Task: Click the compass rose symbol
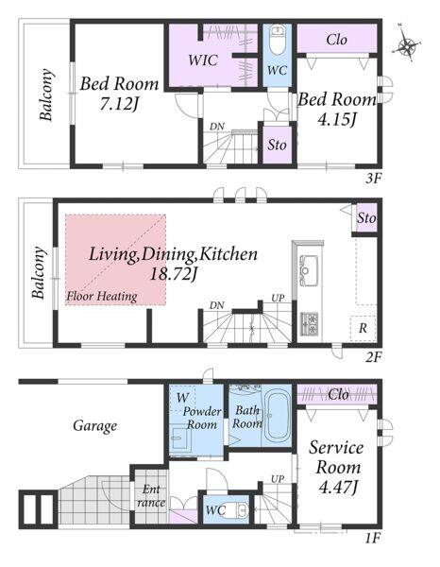[407, 45]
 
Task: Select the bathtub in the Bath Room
[277, 416]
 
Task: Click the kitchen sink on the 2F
[308, 266]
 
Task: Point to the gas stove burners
[310, 324]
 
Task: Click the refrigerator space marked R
[363, 328]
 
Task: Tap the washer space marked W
[182, 398]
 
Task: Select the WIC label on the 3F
[203, 60]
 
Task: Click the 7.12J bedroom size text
[119, 105]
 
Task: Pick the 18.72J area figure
[173, 274]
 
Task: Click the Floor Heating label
[102, 297]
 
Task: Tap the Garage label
[95, 425]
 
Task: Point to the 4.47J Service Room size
[338, 488]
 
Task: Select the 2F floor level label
[374, 357]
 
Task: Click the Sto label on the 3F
[277, 145]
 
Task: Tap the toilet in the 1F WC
[239, 510]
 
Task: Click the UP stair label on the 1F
[278, 479]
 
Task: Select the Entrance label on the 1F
[151, 496]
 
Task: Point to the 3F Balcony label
[47, 94]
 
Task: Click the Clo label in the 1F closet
[338, 394]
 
